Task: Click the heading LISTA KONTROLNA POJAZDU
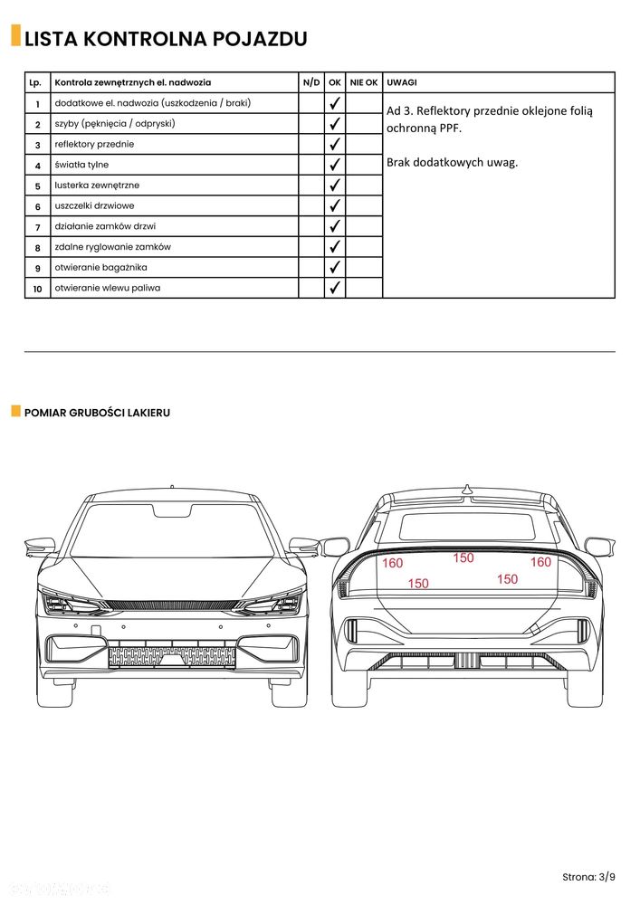pyautogui.click(x=166, y=39)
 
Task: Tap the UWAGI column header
pyautogui.click(x=402, y=81)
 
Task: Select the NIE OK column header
pyautogui.click(x=364, y=81)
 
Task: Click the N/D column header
pyautogui.click(x=310, y=81)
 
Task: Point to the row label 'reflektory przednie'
pyautogui.click(x=95, y=144)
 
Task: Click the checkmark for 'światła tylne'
pyautogui.click(x=335, y=165)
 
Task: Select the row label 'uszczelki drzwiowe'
pyautogui.click(x=95, y=206)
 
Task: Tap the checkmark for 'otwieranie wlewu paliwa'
pyautogui.click(x=335, y=288)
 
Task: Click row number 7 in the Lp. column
pyautogui.click(x=38, y=227)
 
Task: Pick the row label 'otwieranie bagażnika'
pyautogui.click(x=100, y=268)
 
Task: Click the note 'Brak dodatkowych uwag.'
pyautogui.click(x=452, y=163)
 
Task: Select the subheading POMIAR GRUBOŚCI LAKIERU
pyautogui.click(x=97, y=413)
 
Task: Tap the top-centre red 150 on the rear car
pyautogui.click(x=463, y=558)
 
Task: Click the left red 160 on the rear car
pyautogui.click(x=392, y=563)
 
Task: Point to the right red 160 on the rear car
pyautogui.click(x=540, y=562)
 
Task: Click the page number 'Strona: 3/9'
pyautogui.click(x=588, y=876)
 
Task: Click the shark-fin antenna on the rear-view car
pyautogui.click(x=468, y=490)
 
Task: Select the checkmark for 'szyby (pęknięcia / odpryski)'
pyautogui.click(x=335, y=123)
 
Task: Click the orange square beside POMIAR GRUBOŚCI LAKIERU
pyautogui.click(x=15, y=412)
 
